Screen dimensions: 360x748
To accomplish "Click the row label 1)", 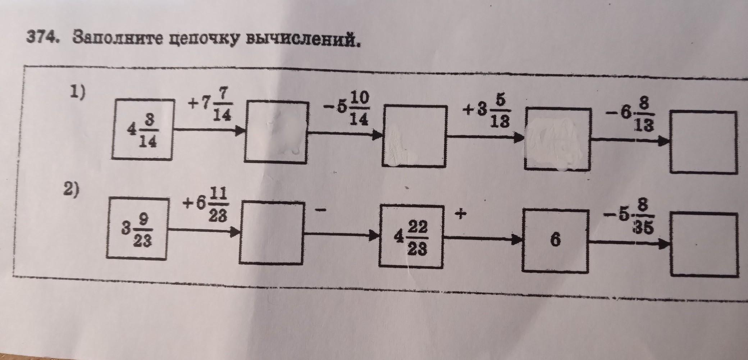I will pos(78,93).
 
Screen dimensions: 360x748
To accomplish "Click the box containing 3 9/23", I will pos(138,229).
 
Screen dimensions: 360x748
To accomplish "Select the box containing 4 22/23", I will pos(412,238).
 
